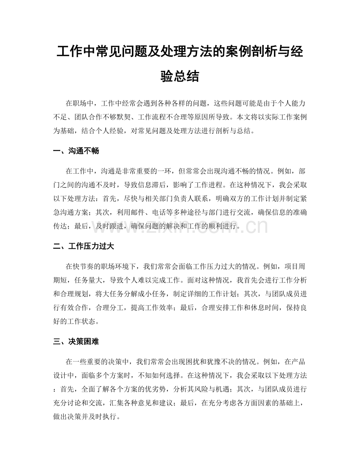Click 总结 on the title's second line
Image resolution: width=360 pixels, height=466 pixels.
(x=189, y=76)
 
